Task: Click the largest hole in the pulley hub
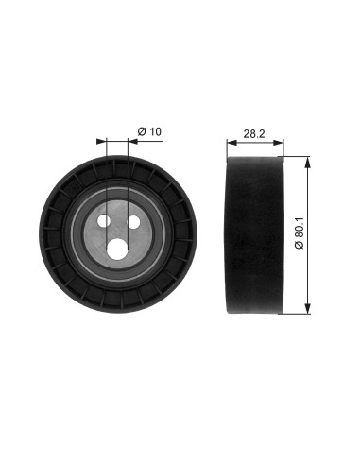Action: coord(118,248)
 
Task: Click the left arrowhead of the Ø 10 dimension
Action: coord(101,142)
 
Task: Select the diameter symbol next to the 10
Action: coord(140,130)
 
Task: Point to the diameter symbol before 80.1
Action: coord(299,247)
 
